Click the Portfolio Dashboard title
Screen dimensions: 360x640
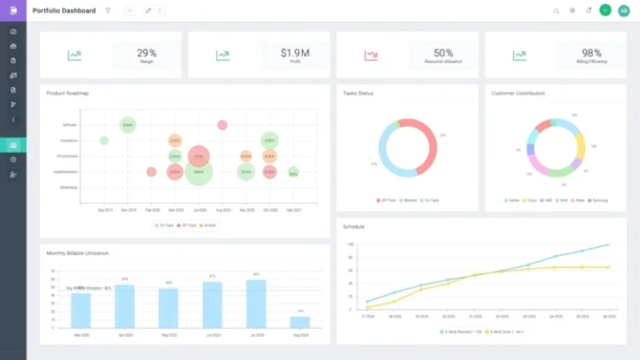point(64,10)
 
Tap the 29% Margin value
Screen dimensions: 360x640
point(146,54)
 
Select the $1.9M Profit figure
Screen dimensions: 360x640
point(294,54)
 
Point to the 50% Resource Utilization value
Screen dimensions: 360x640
point(443,54)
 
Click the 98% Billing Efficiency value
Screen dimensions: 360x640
point(592,54)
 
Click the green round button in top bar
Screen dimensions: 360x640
point(605,10)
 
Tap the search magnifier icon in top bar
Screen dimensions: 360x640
point(556,10)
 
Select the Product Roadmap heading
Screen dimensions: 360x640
point(67,93)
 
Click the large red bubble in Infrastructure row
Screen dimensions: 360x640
point(199,157)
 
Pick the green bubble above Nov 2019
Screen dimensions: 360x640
point(127,125)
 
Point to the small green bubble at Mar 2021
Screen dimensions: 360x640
point(293,172)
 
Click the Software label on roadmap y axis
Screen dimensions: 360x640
point(69,125)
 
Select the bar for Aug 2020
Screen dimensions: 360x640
point(300,322)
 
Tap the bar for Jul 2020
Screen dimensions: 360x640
point(256,304)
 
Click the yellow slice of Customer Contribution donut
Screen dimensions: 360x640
point(580,147)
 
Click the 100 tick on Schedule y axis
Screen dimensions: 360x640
point(351,245)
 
